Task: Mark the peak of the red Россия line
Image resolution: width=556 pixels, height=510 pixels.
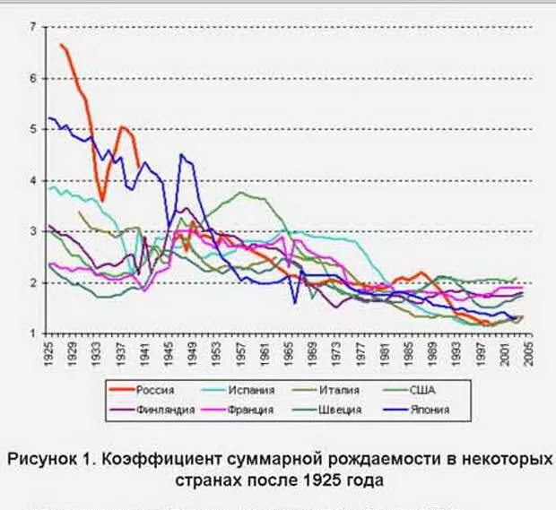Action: [61, 44]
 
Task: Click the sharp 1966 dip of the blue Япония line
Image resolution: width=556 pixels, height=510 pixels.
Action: [294, 303]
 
